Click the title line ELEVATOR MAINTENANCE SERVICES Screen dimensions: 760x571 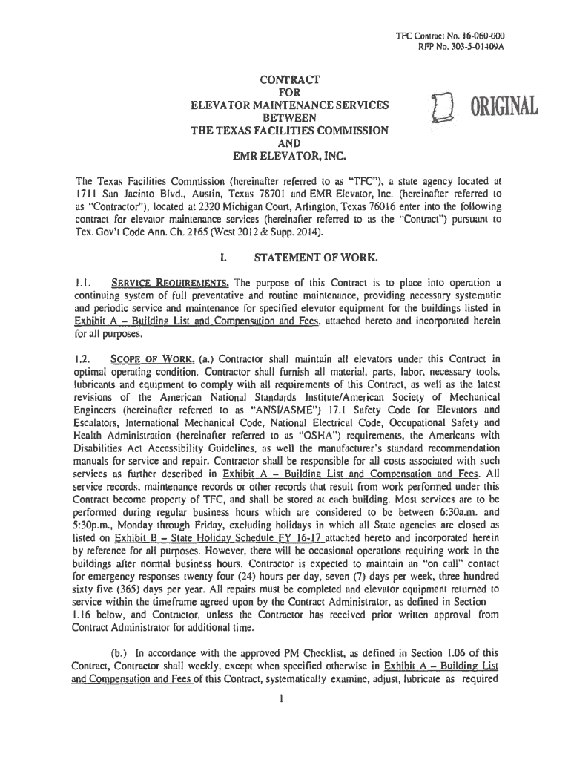289,105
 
